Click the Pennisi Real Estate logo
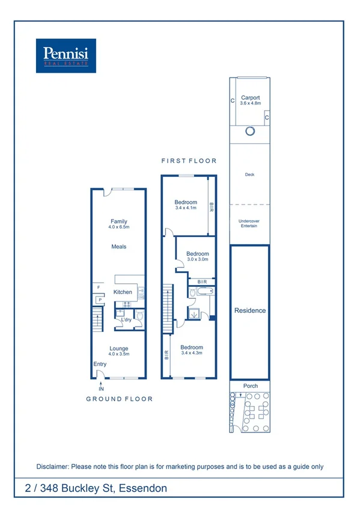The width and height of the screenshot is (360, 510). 66,55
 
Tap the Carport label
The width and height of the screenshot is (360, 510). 249,97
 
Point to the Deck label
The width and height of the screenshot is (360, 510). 249,175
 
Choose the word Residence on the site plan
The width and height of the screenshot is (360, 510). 249,311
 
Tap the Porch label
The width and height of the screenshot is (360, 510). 249,386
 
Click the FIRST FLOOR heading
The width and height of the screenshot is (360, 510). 189,161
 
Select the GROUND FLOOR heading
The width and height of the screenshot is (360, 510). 119,399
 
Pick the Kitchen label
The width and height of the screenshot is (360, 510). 123,292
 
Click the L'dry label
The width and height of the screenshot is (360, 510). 126,320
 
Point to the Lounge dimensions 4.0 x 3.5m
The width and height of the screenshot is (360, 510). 118,354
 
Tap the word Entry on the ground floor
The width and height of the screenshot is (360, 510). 100,364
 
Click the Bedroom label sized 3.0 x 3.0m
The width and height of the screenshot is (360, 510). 197,254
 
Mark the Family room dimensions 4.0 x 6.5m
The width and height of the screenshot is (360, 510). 118,227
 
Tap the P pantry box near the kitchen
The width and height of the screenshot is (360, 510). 100,300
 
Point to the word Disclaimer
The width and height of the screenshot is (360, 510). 53,467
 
